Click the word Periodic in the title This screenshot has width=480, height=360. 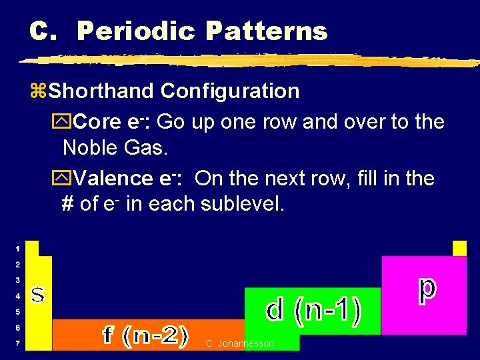(135, 31)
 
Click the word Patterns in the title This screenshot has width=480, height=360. (267, 31)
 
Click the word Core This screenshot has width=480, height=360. (97, 122)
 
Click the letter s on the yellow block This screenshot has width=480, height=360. (39, 294)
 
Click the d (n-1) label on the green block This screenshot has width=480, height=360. (313, 310)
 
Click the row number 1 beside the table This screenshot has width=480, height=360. (17, 249)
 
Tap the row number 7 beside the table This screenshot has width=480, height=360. (17, 343)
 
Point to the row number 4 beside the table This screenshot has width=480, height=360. (17, 296)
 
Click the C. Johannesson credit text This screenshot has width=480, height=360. (240, 343)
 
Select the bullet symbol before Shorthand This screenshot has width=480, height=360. (39, 91)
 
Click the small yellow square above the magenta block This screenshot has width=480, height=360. (459, 248)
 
